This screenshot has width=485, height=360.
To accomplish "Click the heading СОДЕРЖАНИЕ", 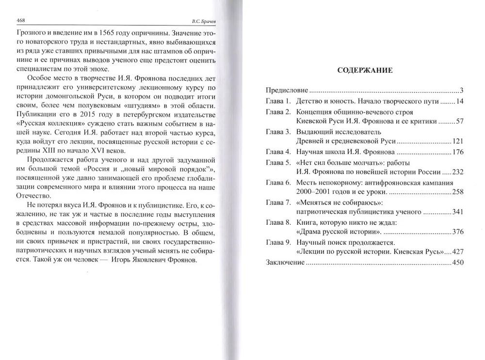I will pos(365,70).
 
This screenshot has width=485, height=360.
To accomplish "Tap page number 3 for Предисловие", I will pos(462,91).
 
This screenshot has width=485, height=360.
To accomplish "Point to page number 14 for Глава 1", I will pos(460,101).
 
